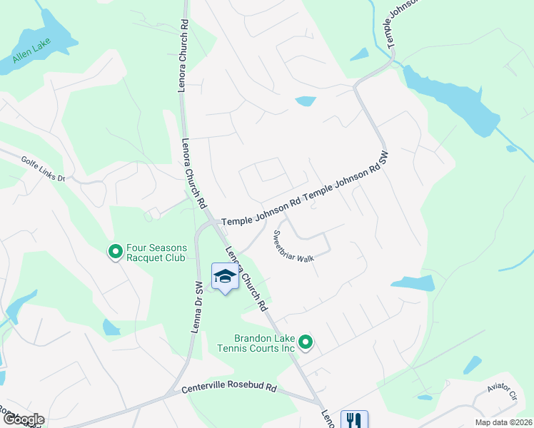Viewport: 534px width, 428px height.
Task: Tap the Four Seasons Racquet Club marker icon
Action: pos(114,252)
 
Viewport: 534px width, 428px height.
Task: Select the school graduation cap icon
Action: pos(224,277)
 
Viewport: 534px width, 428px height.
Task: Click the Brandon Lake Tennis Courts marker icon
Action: pos(306,344)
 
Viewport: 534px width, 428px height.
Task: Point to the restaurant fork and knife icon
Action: pos(353,419)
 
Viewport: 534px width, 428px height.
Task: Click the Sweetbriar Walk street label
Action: pos(294,247)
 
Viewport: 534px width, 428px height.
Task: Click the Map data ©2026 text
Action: pos(503,422)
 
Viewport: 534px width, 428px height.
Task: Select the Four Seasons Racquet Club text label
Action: pos(156,253)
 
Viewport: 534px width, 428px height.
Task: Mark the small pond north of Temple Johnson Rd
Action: pos(306,101)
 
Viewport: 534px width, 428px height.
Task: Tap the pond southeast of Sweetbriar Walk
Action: pos(413,283)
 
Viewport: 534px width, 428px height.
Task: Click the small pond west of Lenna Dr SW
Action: pos(111,327)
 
